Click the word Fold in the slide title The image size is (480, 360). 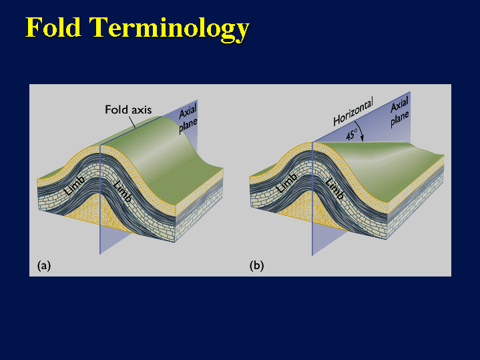(53, 27)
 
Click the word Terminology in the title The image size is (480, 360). (169, 29)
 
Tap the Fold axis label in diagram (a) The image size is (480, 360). (128, 110)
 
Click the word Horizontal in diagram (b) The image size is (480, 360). (353, 112)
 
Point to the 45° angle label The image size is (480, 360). (352, 134)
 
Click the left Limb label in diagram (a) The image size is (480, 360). (74, 186)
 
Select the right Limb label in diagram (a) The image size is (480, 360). (122, 191)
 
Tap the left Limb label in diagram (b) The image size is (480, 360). (286, 183)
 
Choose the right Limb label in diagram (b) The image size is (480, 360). (334, 189)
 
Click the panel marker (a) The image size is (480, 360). (44, 265)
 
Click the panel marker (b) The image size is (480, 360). (256, 265)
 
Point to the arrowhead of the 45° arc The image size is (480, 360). (362, 139)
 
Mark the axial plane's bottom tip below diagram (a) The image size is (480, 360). (99, 254)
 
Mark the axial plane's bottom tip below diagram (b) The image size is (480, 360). (312, 255)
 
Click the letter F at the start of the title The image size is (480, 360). (33, 27)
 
